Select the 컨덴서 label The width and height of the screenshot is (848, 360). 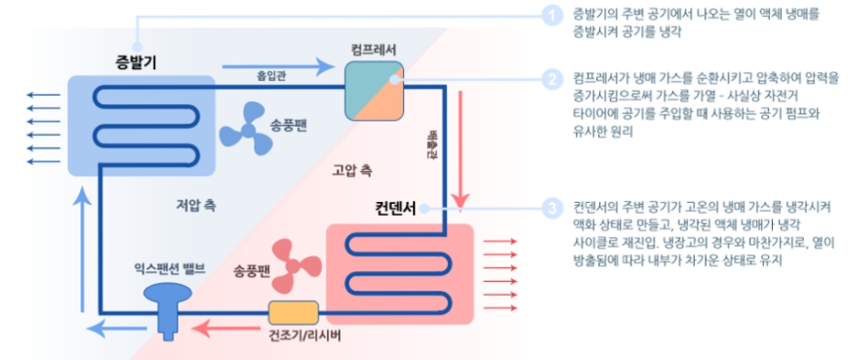click(396, 208)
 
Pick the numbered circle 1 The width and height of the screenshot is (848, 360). click(553, 15)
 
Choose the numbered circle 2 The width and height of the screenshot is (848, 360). click(553, 79)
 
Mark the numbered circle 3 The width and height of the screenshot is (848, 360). click(553, 208)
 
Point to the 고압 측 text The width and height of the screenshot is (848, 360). click(351, 171)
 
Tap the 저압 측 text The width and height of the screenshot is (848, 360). click(196, 206)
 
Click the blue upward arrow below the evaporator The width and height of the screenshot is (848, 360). click(83, 234)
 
